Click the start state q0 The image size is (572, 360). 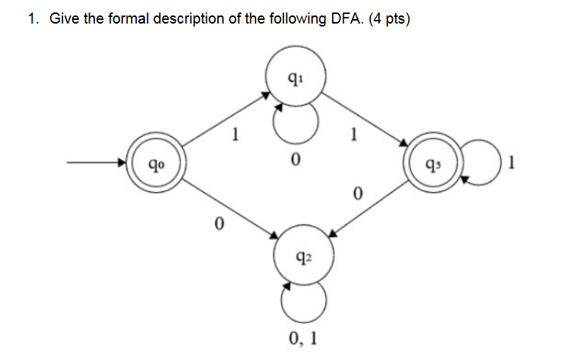(x=154, y=166)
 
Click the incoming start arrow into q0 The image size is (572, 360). (x=96, y=165)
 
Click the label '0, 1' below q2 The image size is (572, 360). (x=303, y=339)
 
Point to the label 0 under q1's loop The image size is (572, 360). (x=295, y=160)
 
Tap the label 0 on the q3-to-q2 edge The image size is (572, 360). (x=358, y=194)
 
